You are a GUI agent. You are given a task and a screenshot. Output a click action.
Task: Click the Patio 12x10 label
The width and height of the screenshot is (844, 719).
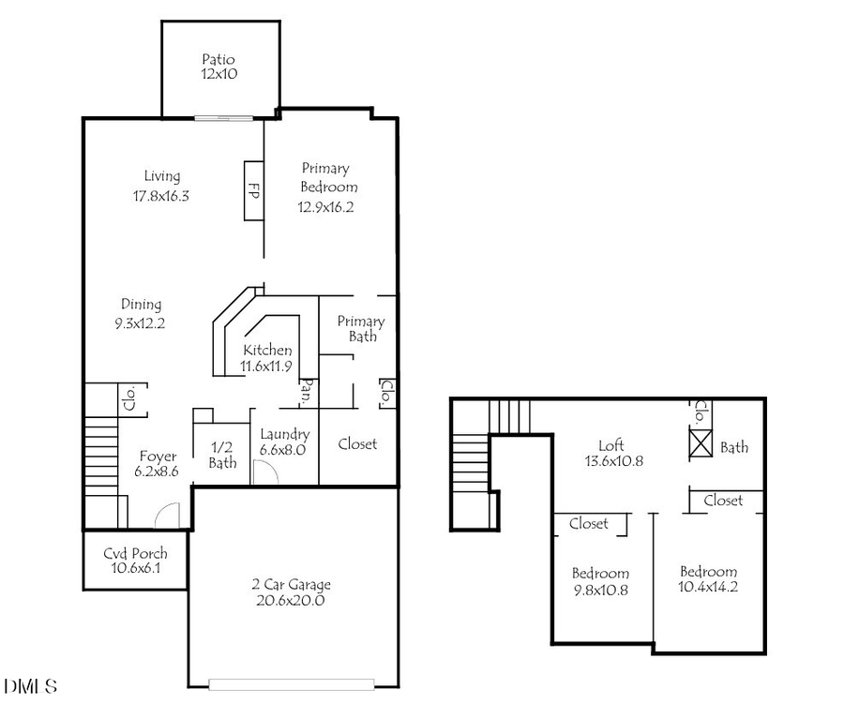click(219, 67)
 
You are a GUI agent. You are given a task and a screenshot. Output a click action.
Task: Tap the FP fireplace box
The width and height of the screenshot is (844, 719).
click(253, 190)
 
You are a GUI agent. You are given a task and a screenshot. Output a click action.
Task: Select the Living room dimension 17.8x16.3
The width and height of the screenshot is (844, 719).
click(161, 196)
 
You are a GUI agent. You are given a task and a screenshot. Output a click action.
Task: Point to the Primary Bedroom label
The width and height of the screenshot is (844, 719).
click(327, 187)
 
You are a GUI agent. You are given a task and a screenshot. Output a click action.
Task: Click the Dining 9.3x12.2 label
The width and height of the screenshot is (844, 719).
click(141, 313)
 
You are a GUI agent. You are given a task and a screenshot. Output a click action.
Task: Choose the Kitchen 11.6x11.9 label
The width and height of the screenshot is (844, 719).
click(265, 358)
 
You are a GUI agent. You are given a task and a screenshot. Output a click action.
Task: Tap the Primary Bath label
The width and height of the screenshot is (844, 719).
click(361, 328)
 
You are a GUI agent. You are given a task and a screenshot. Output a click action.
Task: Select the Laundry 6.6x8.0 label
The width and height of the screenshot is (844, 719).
click(284, 442)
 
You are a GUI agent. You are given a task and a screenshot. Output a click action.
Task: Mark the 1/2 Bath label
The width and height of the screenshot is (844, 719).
click(222, 456)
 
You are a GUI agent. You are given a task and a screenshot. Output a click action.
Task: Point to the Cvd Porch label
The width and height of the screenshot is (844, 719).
click(135, 561)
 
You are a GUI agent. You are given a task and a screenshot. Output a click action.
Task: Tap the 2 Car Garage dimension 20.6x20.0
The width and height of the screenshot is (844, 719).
click(292, 601)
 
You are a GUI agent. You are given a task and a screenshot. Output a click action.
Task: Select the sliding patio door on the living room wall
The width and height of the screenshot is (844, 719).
click(223, 117)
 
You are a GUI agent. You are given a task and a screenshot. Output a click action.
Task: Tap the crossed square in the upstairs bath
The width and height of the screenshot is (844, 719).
click(701, 443)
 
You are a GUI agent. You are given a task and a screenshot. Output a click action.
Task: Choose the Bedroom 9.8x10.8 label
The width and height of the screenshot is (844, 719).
click(600, 582)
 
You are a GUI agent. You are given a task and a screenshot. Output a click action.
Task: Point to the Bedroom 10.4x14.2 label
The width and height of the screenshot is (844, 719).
click(708, 580)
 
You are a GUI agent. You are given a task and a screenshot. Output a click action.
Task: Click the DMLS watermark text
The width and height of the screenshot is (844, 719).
click(31, 686)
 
